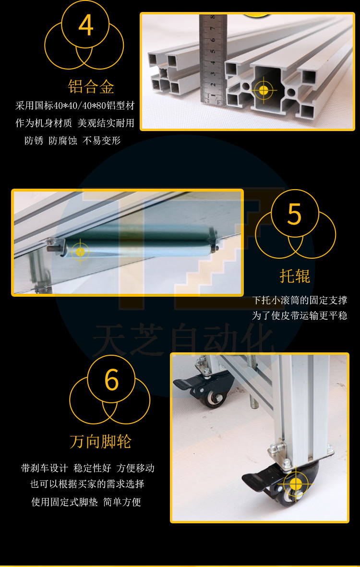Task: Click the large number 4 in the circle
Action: click(86, 25)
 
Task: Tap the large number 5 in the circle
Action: click(294, 215)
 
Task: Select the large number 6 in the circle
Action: click(112, 380)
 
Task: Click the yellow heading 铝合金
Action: click(91, 87)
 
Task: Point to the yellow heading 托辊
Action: click(295, 276)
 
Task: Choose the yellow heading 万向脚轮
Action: click(100, 442)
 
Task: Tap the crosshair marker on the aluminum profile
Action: click(264, 89)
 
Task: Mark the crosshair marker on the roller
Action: click(80, 252)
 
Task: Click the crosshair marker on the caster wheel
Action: click(295, 484)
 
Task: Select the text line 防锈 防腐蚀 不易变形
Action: click(72, 141)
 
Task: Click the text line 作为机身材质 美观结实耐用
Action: click(75, 123)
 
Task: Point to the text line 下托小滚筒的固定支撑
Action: click(300, 300)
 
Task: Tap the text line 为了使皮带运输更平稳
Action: click(300, 316)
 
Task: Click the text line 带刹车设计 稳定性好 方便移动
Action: click(88, 468)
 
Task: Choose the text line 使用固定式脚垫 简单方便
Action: click(86, 502)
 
